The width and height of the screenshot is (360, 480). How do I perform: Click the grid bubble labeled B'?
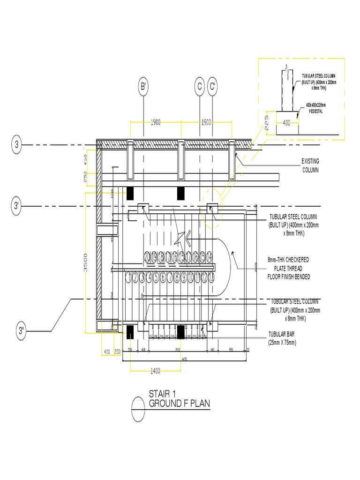click(143, 87)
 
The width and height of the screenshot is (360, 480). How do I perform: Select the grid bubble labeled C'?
click(212, 87)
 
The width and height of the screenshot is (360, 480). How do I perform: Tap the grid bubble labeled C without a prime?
click(199, 87)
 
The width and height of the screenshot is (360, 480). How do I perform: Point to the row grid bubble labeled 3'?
click(17, 205)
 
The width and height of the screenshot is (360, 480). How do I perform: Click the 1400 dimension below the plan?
click(156, 371)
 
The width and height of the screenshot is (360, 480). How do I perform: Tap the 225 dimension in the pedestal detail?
click(267, 123)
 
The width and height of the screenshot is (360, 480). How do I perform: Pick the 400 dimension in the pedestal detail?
click(286, 123)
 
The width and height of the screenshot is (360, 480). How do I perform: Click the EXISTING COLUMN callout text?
click(310, 165)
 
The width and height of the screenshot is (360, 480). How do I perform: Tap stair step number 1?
click(128, 277)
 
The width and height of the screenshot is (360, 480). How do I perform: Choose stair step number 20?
click(147, 256)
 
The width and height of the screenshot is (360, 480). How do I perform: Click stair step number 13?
click(212, 277)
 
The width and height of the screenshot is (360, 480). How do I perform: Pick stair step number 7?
click(170, 277)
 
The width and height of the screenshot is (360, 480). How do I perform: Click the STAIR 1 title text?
click(162, 394)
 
